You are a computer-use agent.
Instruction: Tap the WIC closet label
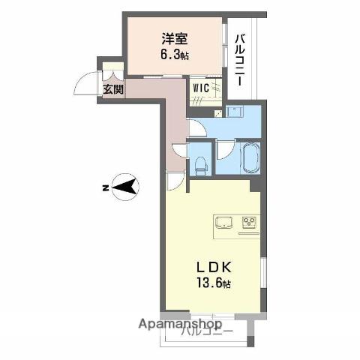pos(201,87)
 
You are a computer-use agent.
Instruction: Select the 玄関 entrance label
pos(113,90)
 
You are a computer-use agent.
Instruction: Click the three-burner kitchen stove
pos(250,222)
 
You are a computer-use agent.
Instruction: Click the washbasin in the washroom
pos(235,112)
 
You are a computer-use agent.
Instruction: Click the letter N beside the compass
pos(106,186)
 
